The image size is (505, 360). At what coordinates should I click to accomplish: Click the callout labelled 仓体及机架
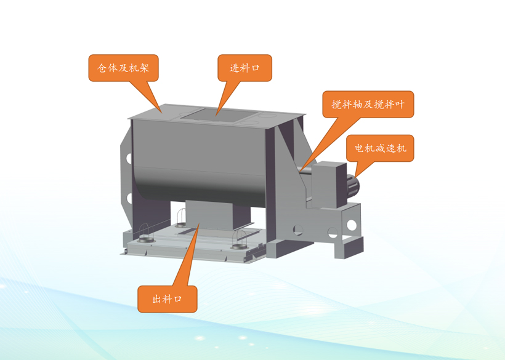click(x=123, y=68)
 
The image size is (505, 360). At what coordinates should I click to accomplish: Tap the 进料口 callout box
click(x=244, y=68)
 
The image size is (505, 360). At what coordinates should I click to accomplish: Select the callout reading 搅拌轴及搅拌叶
click(x=368, y=104)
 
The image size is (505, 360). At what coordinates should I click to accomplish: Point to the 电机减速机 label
click(x=380, y=148)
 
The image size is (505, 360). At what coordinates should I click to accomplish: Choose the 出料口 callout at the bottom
click(x=167, y=299)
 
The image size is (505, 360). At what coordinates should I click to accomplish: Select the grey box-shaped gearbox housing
click(x=328, y=185)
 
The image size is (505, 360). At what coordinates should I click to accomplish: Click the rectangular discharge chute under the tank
click(x=209, y=215)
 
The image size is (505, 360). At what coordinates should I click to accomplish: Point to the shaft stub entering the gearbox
click(x=306, y=170)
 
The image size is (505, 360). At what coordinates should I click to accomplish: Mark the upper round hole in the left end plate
click(x=129, y=158)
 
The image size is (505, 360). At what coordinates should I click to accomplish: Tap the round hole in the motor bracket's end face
click(x=352, y=225)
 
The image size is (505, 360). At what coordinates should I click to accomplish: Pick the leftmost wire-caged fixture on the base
click(x=146, y=233)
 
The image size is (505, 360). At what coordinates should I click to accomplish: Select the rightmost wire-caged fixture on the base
click(x=240, y=240)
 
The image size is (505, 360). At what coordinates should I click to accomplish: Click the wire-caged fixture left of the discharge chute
click(x=181, y=218)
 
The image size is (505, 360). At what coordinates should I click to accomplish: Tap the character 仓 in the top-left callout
click(x=102, y=68)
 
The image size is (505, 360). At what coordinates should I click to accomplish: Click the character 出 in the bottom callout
click(x=157, y=299)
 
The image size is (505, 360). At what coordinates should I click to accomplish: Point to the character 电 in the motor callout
click(x=360, y=148)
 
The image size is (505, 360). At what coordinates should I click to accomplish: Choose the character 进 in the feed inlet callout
click(x=235, y=68)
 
